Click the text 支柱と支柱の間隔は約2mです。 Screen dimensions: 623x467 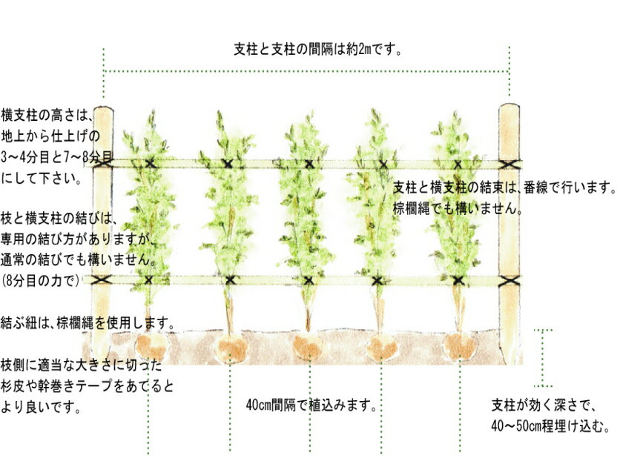click(x=317, y=50)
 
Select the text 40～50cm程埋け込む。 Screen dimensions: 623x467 click(x=550, y=427)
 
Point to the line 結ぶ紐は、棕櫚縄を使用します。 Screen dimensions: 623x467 click(x=88, y=324)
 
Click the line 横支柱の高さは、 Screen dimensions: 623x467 click(x=45, y=115)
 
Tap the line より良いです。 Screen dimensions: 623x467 click(x=42, y=407)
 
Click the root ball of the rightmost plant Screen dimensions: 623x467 click(x=461, y=346)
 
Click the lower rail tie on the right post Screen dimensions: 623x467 click(x=509, y=281)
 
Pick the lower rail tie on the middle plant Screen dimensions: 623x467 click(x=308, y=280)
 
